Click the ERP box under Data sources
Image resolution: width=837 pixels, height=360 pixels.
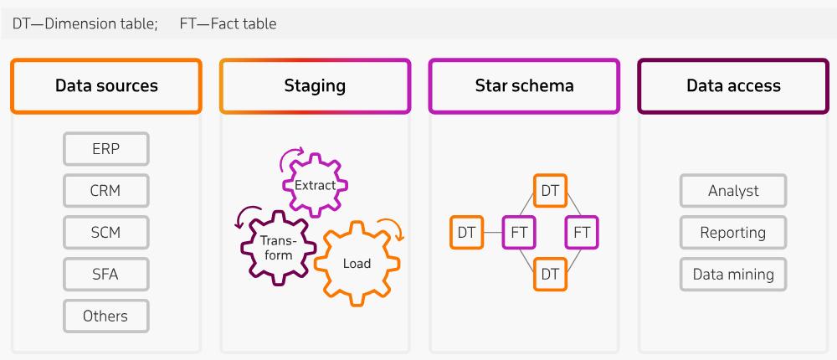tap(105, 148)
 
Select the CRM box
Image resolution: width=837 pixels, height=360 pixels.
tap(105, 190)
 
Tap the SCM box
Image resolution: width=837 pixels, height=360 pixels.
tap(105, 232)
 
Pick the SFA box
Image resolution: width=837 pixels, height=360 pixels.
tap(105, 274)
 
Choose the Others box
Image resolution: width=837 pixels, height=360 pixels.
tap(105, 316)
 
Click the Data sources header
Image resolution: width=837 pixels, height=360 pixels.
tap(106, 85)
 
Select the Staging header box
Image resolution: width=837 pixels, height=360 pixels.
tap(315, 85)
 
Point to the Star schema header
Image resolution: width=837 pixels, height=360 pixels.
tap(524, 85)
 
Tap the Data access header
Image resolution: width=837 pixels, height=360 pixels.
tap(733, 85)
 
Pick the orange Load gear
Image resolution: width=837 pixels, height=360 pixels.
tap(356, 263)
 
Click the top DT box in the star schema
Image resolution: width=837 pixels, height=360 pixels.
tap(550, 191)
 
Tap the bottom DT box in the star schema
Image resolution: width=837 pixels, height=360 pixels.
tap(550, 274)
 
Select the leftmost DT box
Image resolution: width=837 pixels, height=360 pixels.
tap(466, 233)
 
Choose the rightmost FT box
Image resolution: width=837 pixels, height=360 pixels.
tap(582, 233)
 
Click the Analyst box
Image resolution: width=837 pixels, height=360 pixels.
tap(733, 191)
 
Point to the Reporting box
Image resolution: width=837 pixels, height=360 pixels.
tap(733, 232)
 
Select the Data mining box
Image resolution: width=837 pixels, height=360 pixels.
tap(733, 274)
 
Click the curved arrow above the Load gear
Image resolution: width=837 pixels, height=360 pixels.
tap(392, 228)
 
